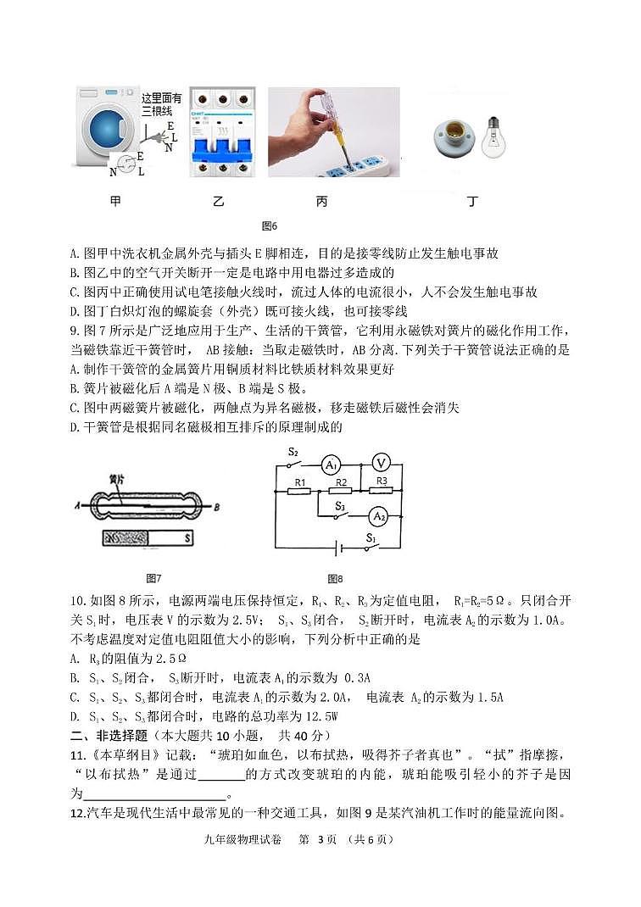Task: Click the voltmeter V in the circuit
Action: [x=382, y=462]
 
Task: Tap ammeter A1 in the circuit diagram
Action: [x=331, y=465]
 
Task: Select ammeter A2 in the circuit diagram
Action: [x=378, y=515]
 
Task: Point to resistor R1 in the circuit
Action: [x=298, y=490]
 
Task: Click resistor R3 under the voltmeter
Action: [x=382, y=490]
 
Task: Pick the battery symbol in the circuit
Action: [x=340, y=548]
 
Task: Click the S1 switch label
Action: [x=371, y=537]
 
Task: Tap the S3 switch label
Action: [x=340, y=505]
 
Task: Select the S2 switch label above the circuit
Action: [x=293, y=451]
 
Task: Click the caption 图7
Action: [x=153, y=578]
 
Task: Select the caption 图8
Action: [x=335, y=579]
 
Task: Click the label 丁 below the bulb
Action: [x=471, y=201]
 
